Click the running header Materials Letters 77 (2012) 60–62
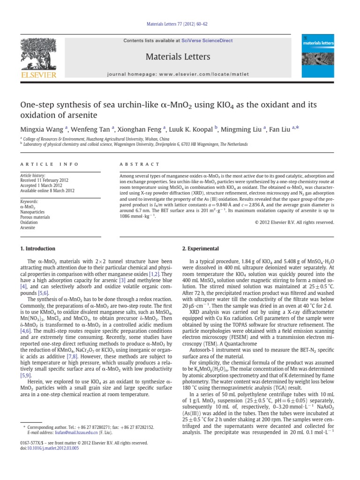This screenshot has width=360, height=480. pyautogui.click(x=180, y=30)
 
